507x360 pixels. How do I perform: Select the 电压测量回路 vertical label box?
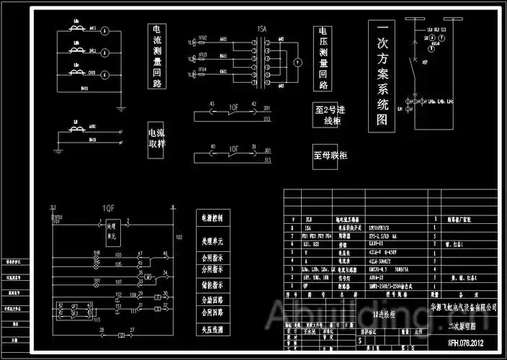pyautogui.click(x=323, y=58)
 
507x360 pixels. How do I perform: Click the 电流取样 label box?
pyautogui.click(x=156, y=138)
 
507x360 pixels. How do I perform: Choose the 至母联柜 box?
pyautogui.click(x=331, y=155)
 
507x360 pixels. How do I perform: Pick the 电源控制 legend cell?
pyautogui.click(x=214, y=217)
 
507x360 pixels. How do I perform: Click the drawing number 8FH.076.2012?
pyautogui.click(x=471, y=343)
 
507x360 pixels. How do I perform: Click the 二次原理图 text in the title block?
pyautogui.click(x=471, y=325)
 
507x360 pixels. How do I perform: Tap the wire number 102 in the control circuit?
pyautogui.click(x=179, y=238)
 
